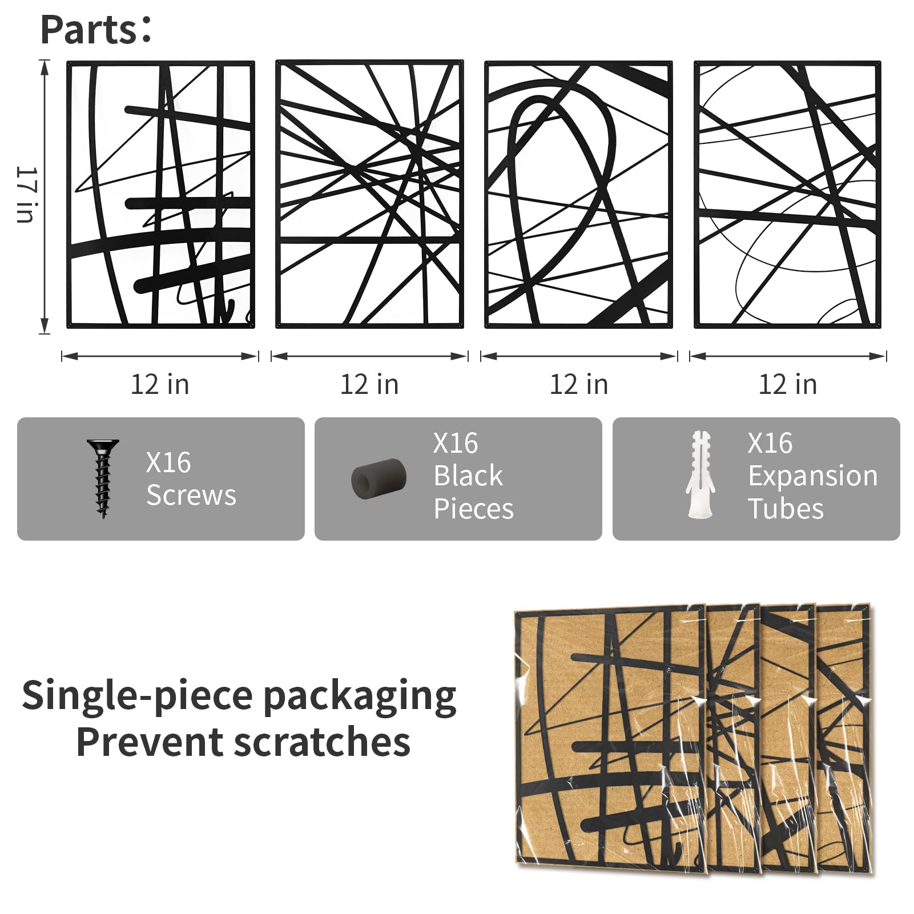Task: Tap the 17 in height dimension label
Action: [x=26, y=194]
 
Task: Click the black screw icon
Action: [x=103, y=478]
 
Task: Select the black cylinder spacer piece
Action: [x=379, y=478]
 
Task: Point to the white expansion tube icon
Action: [x=699, y=475]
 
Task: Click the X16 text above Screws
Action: [x=168, y=462]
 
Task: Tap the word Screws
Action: [x=191, y=495]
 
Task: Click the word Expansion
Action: [x=813, y=476]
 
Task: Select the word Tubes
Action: [x=786, y=508]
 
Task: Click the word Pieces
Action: [x=474, y=508]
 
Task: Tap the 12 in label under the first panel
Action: [x=160, y=384]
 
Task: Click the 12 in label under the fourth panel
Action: [x=788, y=384]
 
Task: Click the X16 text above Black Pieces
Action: [x=456, y=443]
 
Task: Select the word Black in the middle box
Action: [x=468, y=476]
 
